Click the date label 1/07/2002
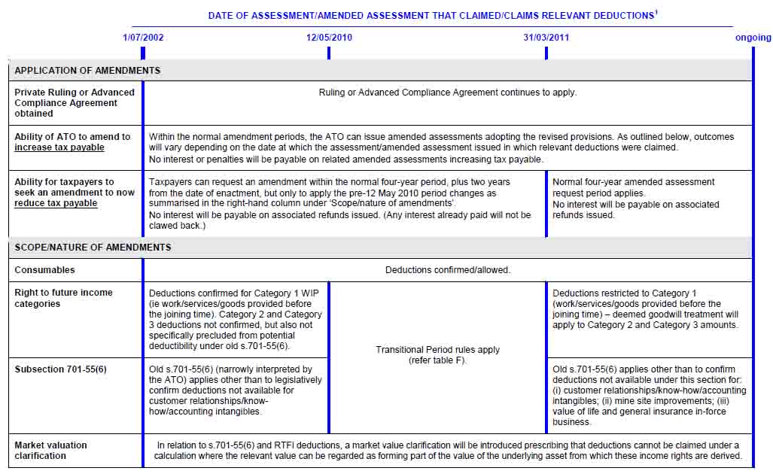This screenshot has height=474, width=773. [143, 37]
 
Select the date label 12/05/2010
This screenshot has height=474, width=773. [329, 37]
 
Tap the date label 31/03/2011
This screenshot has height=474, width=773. [546, 37]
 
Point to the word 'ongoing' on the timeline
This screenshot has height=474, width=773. [753, 38]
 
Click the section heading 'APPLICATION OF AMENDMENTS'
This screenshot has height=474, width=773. [87, 71]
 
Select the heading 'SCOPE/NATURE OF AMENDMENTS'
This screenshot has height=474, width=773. [93, 248]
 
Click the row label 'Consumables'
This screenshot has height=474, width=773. [44, 270]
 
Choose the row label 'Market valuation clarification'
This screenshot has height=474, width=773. [50, 450]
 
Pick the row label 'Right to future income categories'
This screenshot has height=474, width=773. [63, 298]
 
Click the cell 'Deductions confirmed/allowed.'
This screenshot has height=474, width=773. [447, 270]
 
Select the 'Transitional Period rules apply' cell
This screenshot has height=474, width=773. [437, 350]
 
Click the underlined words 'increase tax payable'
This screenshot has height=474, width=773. [59, 147]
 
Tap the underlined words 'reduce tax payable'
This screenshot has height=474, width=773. [56, 203]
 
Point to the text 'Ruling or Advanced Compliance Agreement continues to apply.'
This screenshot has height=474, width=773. [447, 93]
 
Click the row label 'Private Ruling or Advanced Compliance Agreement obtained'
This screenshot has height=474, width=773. [75, 103]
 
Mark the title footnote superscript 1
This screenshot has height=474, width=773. [656, 12]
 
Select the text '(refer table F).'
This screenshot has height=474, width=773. [437, 360]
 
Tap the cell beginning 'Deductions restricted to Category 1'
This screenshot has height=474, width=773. [645, 309]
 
